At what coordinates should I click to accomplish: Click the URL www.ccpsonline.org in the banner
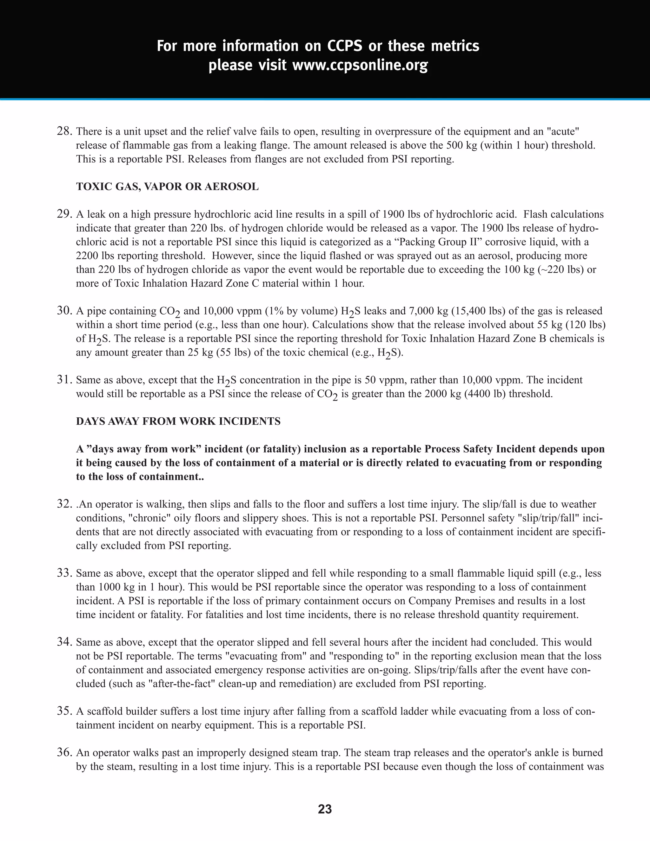360,65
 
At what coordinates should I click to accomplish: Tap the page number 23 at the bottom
325,809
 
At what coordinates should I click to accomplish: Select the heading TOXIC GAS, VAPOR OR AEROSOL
167,187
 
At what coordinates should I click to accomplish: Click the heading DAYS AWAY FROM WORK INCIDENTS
178,421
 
